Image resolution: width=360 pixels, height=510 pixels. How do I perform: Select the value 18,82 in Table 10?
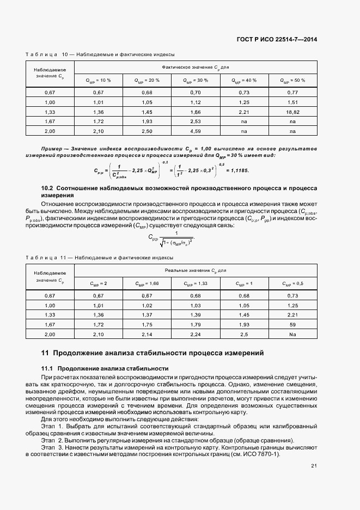tap(292, 112)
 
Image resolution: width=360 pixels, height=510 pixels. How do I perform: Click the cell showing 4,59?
tap(196, 131)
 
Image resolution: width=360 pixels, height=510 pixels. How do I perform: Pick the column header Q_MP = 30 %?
tap(196, 80)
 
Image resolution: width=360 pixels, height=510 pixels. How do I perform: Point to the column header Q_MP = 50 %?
tap(292, 80)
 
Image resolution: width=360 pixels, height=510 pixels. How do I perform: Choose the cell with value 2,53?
tap(196, 122)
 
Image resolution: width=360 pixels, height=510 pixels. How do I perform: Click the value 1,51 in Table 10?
tap(292, 102)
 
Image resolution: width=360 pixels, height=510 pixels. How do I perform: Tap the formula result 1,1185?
tap(236, 171)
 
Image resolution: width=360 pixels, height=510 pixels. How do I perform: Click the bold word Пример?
tap(53, 149)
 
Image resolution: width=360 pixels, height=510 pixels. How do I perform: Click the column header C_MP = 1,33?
tap(196, 283)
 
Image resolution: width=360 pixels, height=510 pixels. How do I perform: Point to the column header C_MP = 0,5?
tap(292, 283)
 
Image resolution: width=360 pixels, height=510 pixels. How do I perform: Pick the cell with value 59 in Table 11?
tap(292, 325)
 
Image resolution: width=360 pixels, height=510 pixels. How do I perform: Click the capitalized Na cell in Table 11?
tap(292, 335)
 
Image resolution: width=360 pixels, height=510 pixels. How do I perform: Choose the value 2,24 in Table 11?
tap(196, 335)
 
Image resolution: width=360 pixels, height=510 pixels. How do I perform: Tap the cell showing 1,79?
tap(196, 325)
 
